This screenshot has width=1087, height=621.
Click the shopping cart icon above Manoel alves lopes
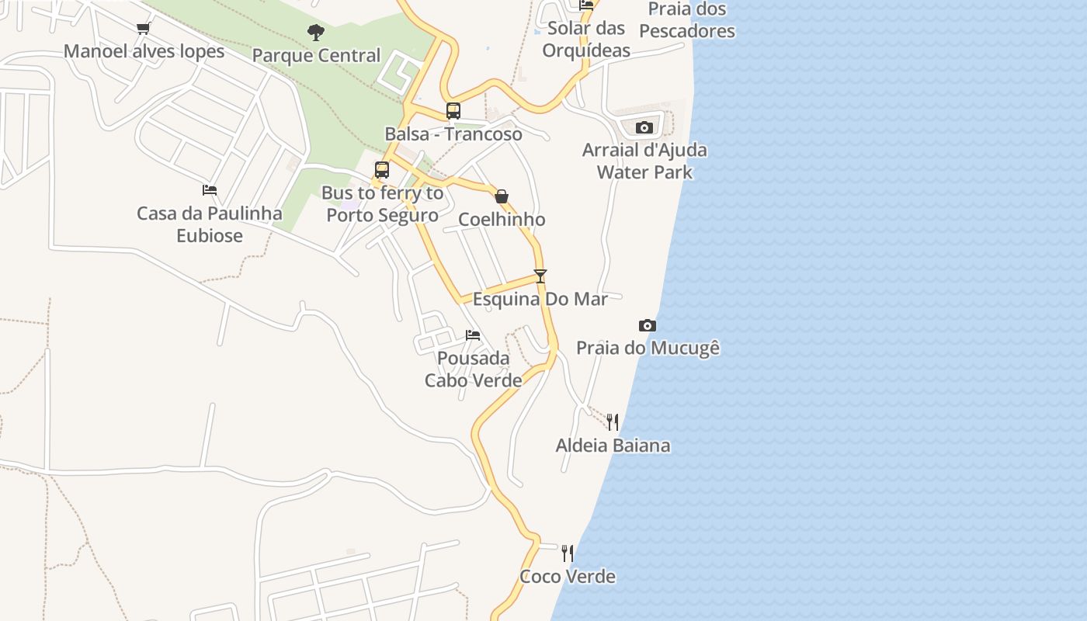pyautogui.click(x=143, y=29)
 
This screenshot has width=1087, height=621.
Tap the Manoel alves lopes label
pyautogui.click(x=144, y=51)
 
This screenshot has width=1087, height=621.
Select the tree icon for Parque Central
pyautogui.click(x=316, y=33)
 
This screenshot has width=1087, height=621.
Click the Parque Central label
pyautogui.click(x=316, y=55)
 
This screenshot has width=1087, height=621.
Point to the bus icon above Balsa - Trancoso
pyautogui.click(x=453, y=111)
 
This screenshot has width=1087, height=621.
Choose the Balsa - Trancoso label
pyautogui.click(x=453, y=134)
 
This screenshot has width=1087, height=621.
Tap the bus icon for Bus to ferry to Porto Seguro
pyautogui.click(x=382, y=170)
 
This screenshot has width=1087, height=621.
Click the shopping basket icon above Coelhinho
pyautogui.click(x=502, y=196)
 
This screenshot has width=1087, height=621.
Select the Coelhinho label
pyautogui.click(x=502, y=219)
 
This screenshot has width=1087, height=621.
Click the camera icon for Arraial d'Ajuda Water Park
pyautogui.click(x=644, y=127)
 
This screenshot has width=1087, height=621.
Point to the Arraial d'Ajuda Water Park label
pyautogui.click(x=644, y=161)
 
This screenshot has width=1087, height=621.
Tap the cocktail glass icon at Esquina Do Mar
pyautogui.click(x=540, y=276)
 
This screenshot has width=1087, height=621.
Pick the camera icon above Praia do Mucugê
pyautogui.click(x=647, y=325)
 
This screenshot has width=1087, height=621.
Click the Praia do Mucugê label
pyautogui.click(x=648, y=348)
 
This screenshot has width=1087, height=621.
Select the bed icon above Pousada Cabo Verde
pyautogui.click(x=473, y=335)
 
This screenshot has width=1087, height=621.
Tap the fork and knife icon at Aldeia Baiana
pyautogui.click(x=613, y=422)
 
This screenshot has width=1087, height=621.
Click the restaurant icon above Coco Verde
pyautogui.click(x=568, y=553)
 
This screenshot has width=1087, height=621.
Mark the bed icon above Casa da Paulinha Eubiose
pyautogui.click(x=210, y=190)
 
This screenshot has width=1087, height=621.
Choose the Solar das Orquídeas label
pyautogui.click(x=586, y=40)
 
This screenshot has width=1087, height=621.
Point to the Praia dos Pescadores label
pyautogui.click(x=687, y=20)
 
